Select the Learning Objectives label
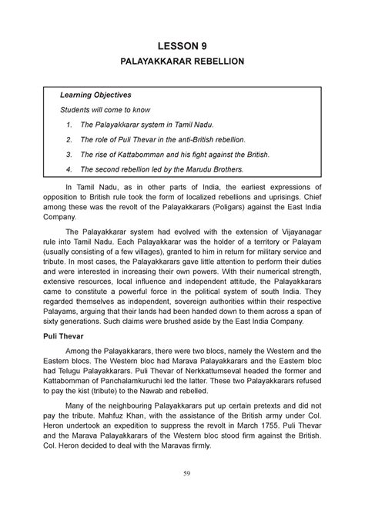(x=97, y=95)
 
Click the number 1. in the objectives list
(x=69, y=125)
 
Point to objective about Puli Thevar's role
(x=162, y=139)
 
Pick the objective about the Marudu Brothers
(x=161, y=168)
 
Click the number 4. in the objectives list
(x=69, y=168)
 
